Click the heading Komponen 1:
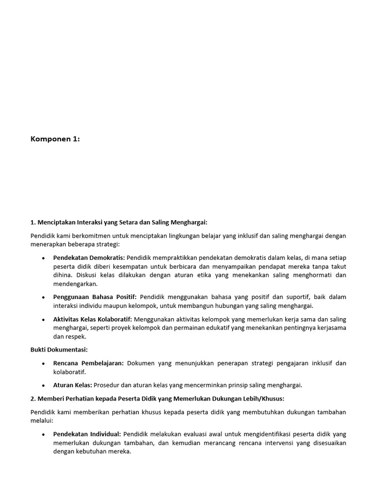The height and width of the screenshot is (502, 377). [x=55, y=139]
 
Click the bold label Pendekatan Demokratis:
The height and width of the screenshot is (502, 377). [x=89, y=257]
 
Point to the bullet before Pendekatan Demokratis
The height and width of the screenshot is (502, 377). [x=43, y=258]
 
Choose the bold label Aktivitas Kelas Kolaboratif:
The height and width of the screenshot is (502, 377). [x=93, y=319]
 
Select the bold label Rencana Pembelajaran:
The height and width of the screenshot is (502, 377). [x=89, y=363]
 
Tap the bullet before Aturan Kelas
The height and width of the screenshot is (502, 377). [x=43, y=385]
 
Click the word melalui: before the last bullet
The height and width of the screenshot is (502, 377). [x=41, y=420]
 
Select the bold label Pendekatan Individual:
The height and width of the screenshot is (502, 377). [x=87, y=434]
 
